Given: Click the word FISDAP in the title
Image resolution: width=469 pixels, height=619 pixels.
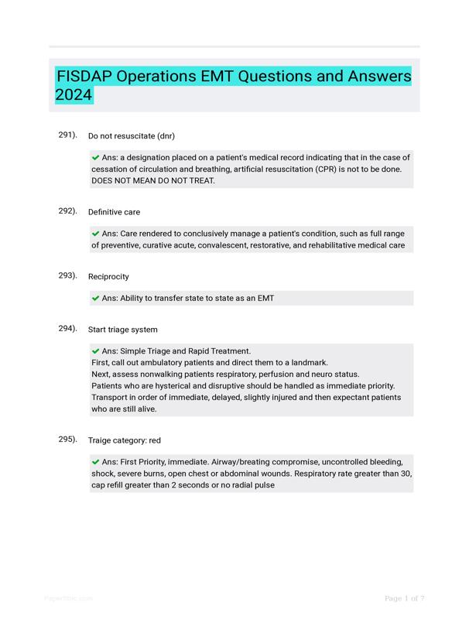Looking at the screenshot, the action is [x=86, y=77].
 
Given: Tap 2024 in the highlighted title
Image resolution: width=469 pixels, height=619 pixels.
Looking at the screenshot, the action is [x=74, y=96].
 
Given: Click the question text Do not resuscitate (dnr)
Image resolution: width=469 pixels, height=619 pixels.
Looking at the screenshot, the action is [x=132, y=136].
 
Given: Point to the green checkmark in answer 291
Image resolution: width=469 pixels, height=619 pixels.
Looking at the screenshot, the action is [x=95, y=157].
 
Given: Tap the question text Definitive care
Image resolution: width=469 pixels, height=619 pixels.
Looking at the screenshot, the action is [x=114, y=212].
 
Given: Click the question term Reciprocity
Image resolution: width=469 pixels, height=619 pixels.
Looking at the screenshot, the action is [x=108, y=277].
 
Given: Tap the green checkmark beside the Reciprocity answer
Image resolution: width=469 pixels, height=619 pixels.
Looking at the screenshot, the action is [x=95, y=298].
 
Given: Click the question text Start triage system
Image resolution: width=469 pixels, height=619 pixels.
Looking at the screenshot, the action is [x=123, y=330].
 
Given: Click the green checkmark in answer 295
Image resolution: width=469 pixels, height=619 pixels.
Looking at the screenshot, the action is [x=95, y=461].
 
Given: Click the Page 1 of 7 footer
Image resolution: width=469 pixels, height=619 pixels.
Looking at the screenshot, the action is [x=404, y=598].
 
